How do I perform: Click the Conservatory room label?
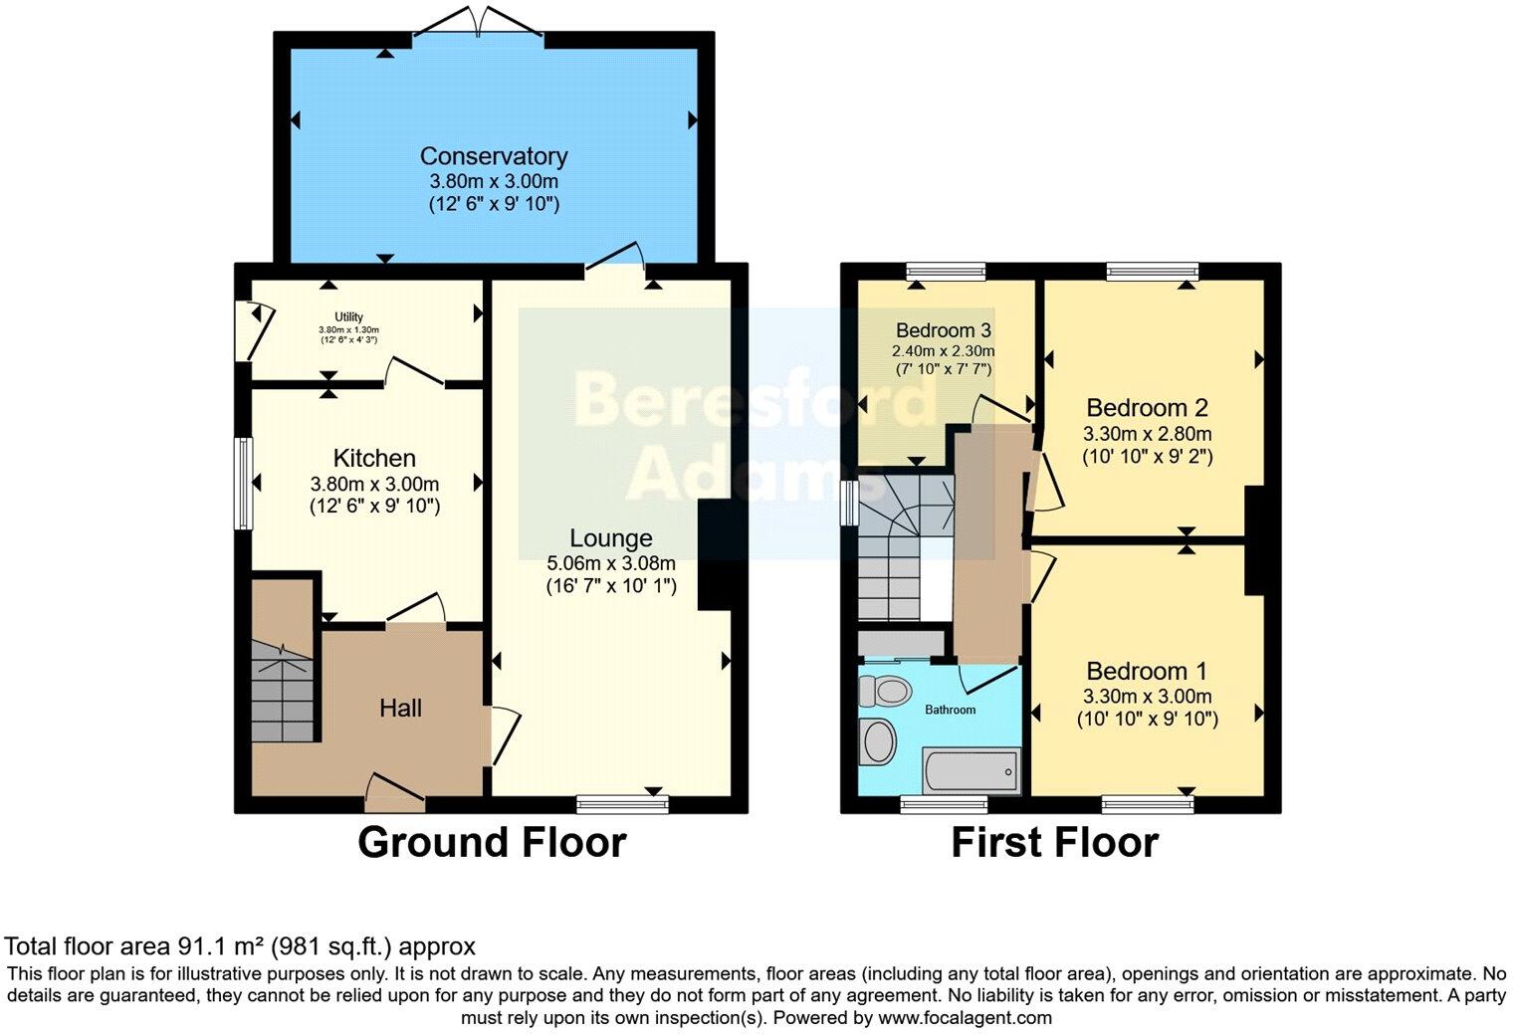[x=493, y=156]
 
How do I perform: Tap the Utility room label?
[x=348, y=317]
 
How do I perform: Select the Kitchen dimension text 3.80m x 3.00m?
[x=374, y=485]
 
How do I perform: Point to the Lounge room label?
[x=610, y=538]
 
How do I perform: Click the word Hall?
[x=400, y=708]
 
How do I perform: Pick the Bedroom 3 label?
[x=943, y=330]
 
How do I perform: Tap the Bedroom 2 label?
[x=1147, y=407]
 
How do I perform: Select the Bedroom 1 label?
[x=1147, y=671]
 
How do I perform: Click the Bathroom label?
[x=950, y=710]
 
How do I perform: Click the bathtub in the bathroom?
[x=972, y=771]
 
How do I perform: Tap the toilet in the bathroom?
[x=885, y=690]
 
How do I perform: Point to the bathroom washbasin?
[x=878, y=741]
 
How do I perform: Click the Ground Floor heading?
[x=492, y=843]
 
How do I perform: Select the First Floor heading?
[x=1054, y=843]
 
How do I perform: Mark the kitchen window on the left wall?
[x=242, y=484]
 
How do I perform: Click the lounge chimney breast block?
[x=715, y=554]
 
